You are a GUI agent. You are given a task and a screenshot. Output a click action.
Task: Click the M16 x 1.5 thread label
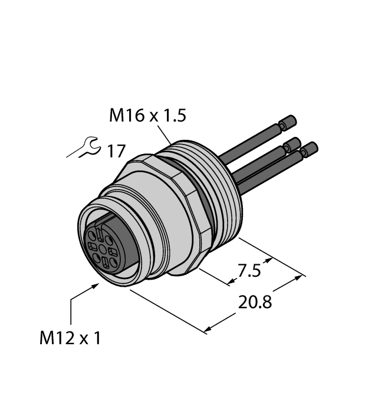pos(147,116)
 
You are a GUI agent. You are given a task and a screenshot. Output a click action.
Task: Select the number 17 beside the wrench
pos(116,151)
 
